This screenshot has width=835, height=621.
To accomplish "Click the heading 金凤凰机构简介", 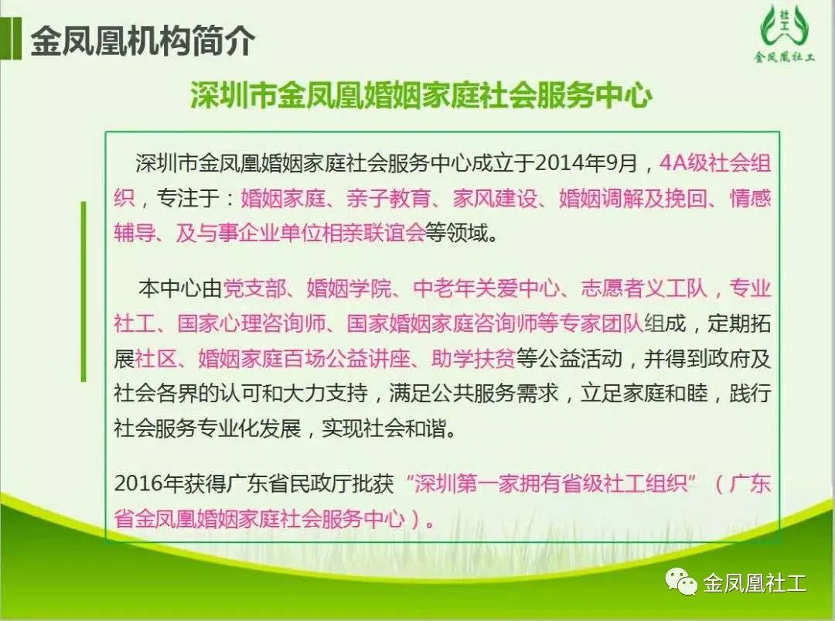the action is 143,41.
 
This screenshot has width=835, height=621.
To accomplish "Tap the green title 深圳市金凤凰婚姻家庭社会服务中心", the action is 421,95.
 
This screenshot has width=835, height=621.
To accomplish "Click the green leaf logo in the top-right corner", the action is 784,32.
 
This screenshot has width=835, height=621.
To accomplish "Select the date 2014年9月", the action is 586,162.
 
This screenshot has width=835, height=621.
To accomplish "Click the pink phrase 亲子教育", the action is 389,198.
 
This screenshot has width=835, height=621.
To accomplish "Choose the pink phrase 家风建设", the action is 495,198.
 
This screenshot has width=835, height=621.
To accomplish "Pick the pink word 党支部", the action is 254,288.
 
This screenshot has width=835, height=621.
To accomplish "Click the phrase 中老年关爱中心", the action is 486,288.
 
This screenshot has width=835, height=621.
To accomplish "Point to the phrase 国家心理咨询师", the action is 251,323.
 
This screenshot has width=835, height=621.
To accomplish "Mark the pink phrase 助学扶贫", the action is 473,358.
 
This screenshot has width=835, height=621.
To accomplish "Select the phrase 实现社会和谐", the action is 383,428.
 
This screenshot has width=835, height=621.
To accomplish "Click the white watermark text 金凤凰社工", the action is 755,582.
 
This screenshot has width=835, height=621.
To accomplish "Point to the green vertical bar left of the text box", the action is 83,292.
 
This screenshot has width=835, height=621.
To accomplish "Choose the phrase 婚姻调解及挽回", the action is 633,198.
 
